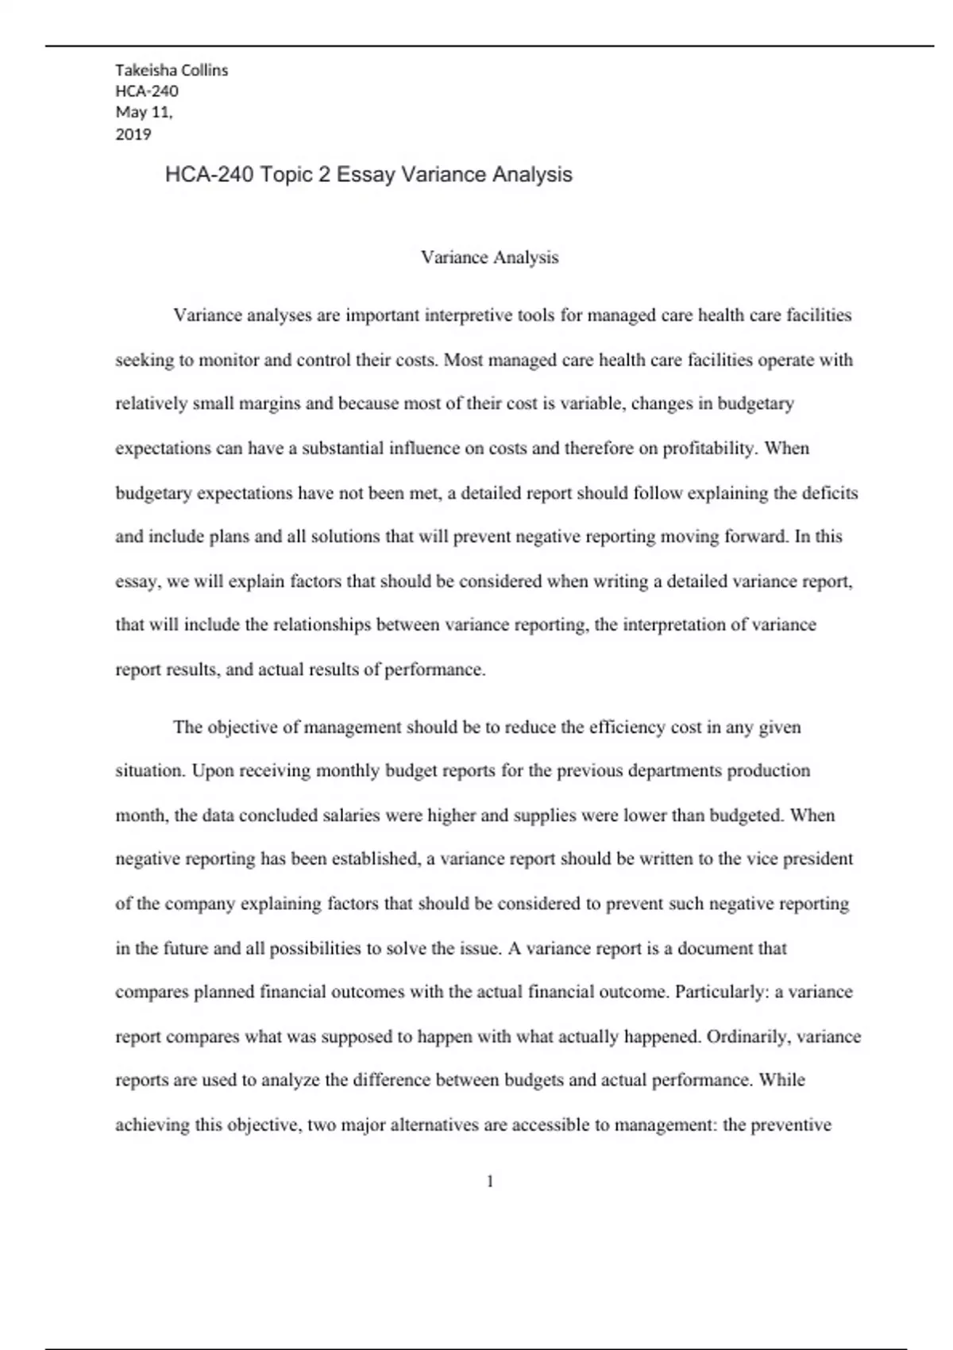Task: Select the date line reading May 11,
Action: click(144, 112)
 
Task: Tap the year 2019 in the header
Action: click(133, 134)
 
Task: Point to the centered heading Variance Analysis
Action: click(489, 257)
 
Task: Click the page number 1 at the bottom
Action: click(489, 1182)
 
